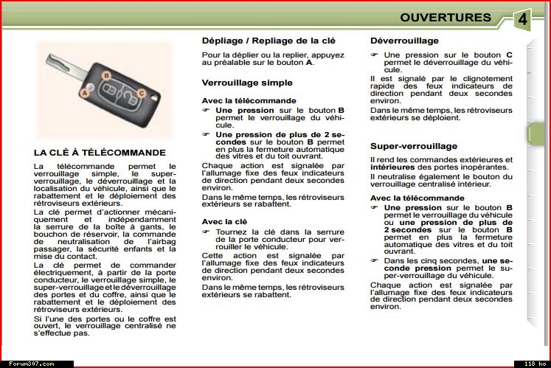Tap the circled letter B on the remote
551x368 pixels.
coord(106,75)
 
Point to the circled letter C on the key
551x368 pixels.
coord(141,94)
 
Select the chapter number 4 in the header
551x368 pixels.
coord(522,19)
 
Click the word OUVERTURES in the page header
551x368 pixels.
coord(446,18)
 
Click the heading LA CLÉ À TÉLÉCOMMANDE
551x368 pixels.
coord(100,153)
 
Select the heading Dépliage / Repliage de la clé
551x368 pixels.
coord(268,41)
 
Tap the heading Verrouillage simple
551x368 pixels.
coord(247,83)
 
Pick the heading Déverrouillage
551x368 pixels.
coord(404,41)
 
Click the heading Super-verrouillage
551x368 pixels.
coord(414,146)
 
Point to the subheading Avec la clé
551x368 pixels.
coord(224,221)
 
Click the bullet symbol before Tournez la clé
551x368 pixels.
coord(207,232)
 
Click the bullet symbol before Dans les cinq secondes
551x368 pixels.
coord(374,261)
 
